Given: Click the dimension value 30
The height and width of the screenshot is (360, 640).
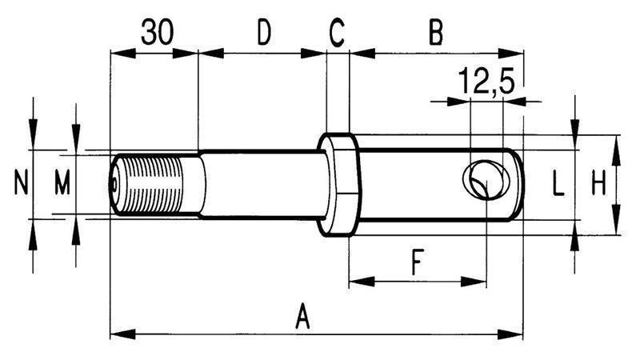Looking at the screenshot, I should pyautogui.click(x=158, y=33).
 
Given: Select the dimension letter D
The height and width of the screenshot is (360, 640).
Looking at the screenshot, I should pyautogui.click(x=263, y=33).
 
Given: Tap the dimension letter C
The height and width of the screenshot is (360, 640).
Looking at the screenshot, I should pyautogui.click(x=337, y=33).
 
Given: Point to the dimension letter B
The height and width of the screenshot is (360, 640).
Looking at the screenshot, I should pyautogui.click(x=435, y=33).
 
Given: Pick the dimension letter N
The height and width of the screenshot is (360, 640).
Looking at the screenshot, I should pyautogui.click(x=22, y=185).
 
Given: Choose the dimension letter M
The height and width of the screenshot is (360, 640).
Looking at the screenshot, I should pyautogui.click(x=62, y=185).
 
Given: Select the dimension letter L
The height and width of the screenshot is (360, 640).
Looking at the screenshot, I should pyautogui.click(x=558, y=186).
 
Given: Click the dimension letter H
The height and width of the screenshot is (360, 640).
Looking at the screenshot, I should pyautogui.click(x=598, y=186).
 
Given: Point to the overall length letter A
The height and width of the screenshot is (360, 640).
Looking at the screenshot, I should pyautogui.click(x=302, y=316).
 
